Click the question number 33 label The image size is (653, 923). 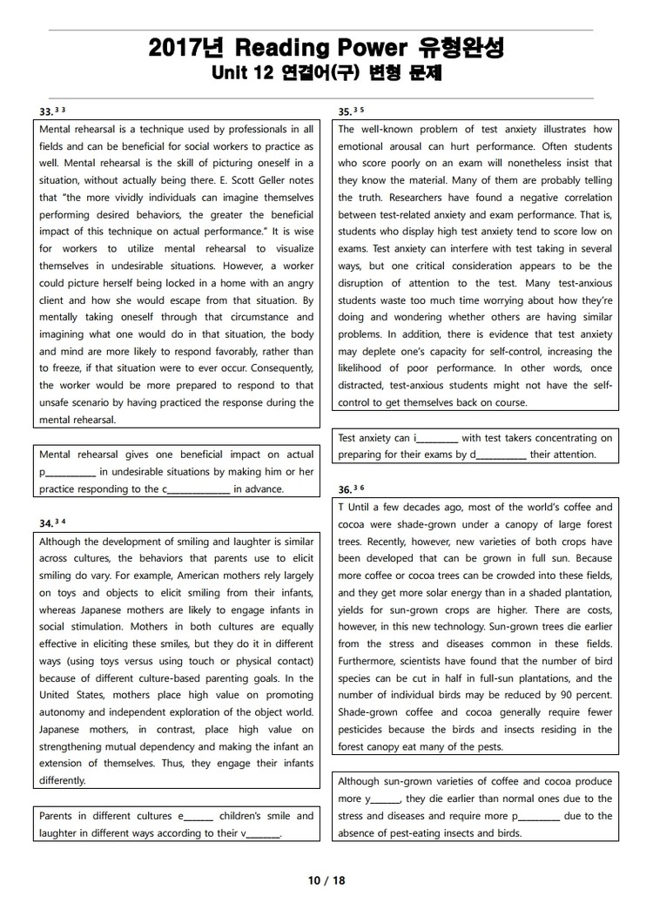pos(46,111)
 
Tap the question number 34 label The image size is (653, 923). pos(46,523)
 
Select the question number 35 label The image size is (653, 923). pos(345,111)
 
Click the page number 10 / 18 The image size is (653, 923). pos(326,880)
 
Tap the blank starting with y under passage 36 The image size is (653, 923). pos(383,799)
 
